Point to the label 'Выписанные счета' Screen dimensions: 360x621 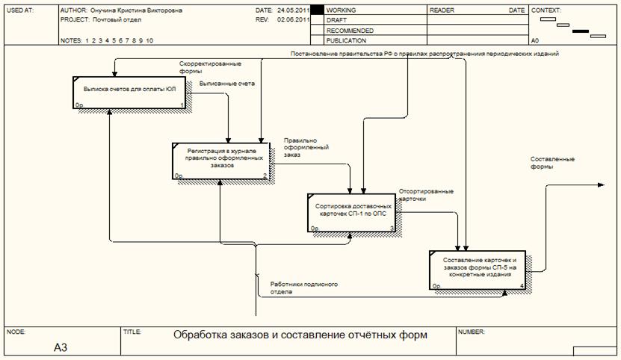point(227,84)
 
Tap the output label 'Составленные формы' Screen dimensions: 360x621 point(552,163)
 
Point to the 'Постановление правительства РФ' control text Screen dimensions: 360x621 point(424,55)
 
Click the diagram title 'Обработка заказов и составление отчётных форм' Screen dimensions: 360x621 point(301,335)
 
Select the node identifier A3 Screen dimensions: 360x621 point(61,347)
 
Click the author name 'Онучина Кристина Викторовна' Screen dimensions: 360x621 point(135,12)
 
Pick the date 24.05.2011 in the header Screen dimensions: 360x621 point(293,12)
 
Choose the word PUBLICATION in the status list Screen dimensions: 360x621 point(346,41)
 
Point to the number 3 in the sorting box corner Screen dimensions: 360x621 point(392,227)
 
